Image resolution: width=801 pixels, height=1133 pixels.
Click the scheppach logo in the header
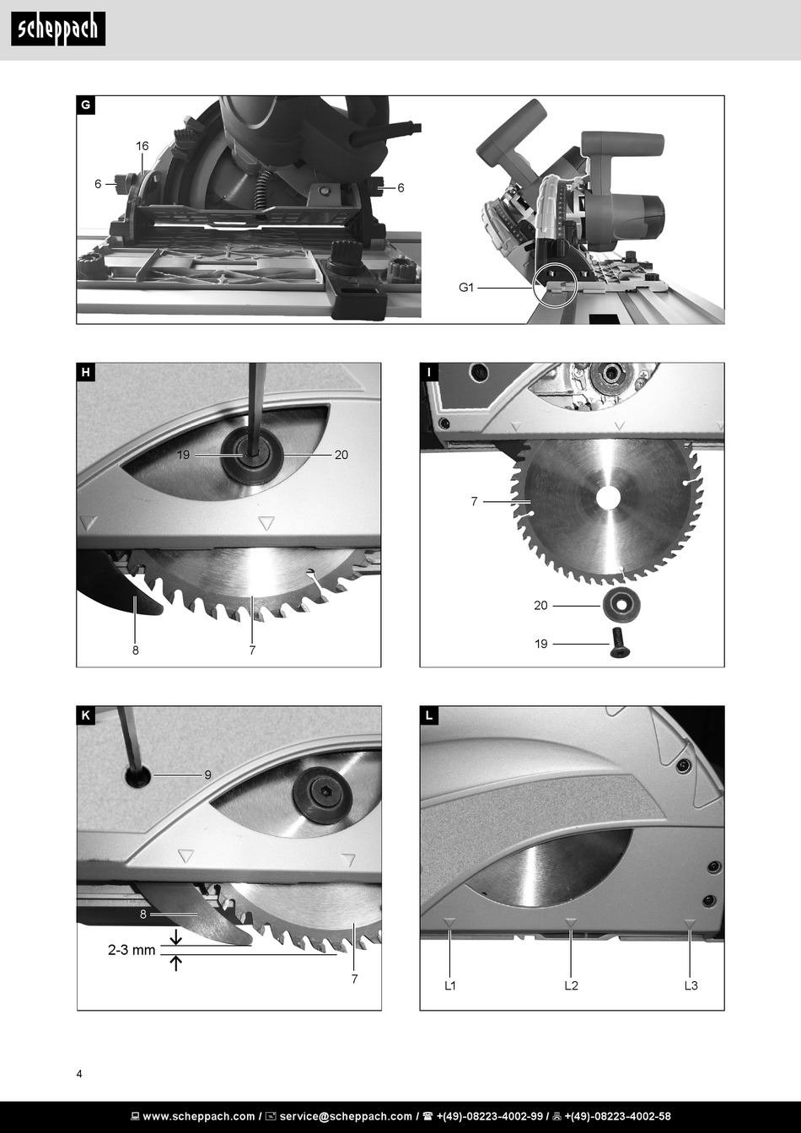58,30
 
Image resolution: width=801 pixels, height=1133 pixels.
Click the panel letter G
85,105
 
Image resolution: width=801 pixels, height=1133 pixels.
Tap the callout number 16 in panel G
142,146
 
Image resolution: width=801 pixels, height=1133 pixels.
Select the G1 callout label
467,288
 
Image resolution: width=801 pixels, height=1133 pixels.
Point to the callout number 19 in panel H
184,455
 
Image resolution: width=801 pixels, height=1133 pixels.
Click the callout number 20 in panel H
341,455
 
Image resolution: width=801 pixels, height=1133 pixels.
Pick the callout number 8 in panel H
135,650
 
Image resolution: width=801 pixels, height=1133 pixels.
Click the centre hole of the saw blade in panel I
607,499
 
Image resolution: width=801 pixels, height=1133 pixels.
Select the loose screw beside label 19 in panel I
620,643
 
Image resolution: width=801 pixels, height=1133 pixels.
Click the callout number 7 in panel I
474,501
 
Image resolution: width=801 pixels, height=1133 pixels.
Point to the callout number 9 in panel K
207,774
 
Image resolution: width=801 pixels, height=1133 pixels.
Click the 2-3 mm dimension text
132,950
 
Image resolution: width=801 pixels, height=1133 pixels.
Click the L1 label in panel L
450,985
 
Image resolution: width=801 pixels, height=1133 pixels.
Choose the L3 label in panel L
691,985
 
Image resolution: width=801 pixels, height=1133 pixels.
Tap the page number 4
79,1074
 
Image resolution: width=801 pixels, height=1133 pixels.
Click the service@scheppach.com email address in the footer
346,1116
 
